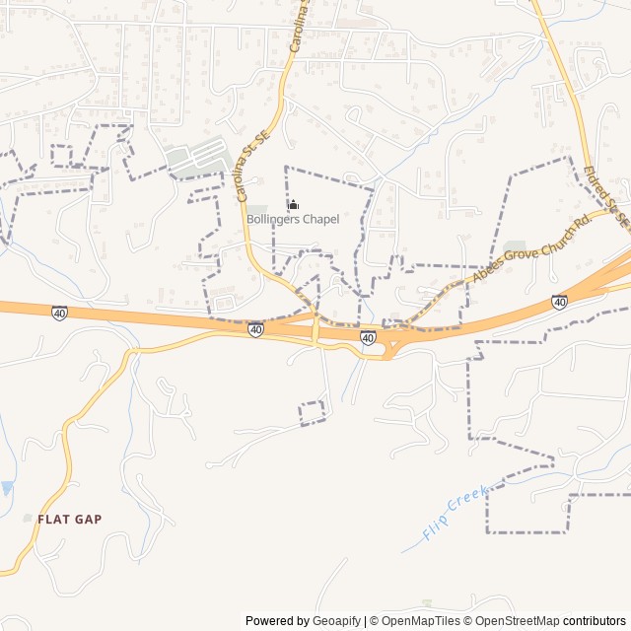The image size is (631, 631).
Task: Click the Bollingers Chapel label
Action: click(x=293, y=219)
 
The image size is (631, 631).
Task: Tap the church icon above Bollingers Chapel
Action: click(x=293, y=204)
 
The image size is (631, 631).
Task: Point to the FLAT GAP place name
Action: click(x=69, y=519)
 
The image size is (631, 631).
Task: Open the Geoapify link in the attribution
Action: click(x=337, y=621)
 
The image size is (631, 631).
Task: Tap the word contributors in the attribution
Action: click(x=595, y=621)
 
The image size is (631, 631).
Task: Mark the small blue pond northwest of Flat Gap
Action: click(x=8, y=488)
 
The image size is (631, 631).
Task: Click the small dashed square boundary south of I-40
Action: click(x=313, y=412)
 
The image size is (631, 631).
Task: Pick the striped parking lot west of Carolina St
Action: click(x=202, y=156)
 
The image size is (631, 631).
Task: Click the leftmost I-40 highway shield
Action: click(x=60, y=313)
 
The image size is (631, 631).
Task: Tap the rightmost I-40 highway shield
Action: click(x=559, y=302)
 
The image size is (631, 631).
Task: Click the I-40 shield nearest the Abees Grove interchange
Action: click(x=368, y=338)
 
